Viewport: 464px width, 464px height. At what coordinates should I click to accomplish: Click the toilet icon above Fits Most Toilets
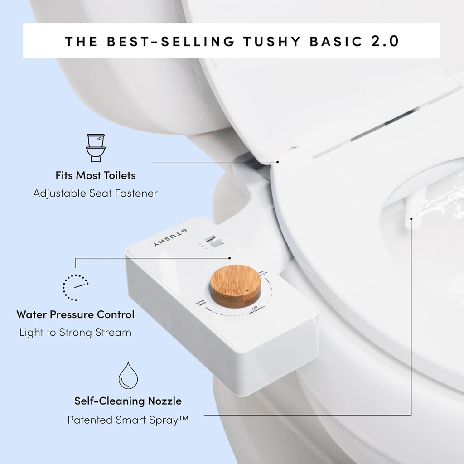(96, 148)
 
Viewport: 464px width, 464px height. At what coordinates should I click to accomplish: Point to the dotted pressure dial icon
(75, 288)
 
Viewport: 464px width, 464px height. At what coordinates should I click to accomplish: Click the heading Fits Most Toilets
(96, 175)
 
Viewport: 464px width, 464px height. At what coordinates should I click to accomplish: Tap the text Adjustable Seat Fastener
(96, 193)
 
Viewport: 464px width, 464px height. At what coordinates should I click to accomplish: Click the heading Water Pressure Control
(75, 314)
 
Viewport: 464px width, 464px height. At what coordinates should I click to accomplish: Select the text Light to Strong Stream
(75, 332)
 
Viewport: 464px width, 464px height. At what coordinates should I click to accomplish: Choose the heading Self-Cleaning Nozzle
(128, 401)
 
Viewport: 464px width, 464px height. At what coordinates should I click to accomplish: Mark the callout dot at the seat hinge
(278, 162)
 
